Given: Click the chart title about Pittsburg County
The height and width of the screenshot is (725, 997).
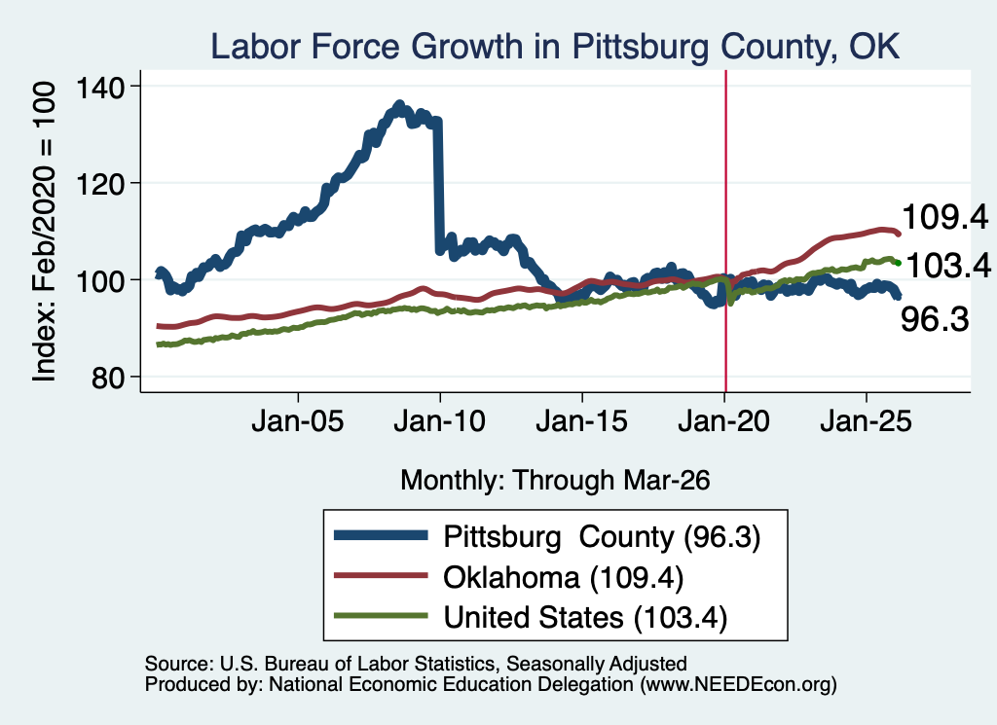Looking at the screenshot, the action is click(x=554, y=47).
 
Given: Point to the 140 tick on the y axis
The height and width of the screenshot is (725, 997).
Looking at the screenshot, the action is click(x=99, y=87).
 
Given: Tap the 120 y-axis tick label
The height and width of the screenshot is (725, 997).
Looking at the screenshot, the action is click(x=99, y=184).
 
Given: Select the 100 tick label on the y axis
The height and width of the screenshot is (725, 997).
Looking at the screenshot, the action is click(x=99, y=281).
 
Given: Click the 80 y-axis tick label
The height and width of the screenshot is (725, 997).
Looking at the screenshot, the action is click(x=107, y=378).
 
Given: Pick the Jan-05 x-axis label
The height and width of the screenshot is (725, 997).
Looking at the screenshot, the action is click(x=298, y=421).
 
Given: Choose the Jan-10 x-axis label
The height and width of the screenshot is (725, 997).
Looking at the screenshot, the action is click(x=439, y=421).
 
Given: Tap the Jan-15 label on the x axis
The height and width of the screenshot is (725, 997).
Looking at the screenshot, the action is click(x=582, y=421).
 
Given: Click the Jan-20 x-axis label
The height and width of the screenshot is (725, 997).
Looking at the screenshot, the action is click(x=723, y=421).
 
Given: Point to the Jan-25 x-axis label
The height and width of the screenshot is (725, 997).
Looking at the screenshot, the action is click(x=866, y=421).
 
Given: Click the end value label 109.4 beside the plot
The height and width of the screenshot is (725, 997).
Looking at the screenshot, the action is click(x=944, y=217).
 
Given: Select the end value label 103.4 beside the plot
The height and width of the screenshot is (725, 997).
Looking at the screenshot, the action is click(x=947, y=265).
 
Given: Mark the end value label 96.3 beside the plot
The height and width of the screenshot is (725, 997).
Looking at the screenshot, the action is click(x=935, y=319).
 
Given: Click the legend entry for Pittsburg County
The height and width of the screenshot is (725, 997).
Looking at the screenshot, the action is click(x=547, y=537).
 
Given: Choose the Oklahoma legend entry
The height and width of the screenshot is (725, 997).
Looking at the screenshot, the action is click(x=508, y=578).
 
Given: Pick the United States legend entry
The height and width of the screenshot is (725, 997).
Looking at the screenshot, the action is click(x=531, y=617).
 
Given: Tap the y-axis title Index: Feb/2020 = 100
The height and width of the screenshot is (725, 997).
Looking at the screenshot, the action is click(x=45, y=232).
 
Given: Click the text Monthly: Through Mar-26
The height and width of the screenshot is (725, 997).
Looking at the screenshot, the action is click(x=555, y=481).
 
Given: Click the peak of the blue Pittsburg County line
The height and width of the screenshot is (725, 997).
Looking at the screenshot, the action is click(x=399, y=104).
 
